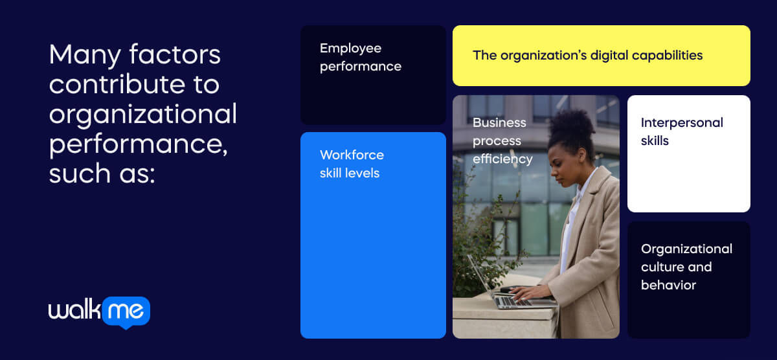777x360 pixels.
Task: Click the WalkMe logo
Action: click(99, 312)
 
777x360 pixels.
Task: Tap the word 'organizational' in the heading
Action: click(142, 115)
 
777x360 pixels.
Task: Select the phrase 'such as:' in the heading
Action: click(102, 174)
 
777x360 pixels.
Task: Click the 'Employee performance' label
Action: click(360, 57)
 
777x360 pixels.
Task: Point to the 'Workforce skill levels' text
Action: click(352, 164)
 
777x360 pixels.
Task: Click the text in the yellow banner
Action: click(587, 55)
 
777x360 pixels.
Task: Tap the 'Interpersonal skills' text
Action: click(681, 131)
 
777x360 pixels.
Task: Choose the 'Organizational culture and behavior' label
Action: click(686, 267)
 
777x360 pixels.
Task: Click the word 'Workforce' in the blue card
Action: click(352, 155)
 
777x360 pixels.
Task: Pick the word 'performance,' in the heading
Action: click(138, 144)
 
